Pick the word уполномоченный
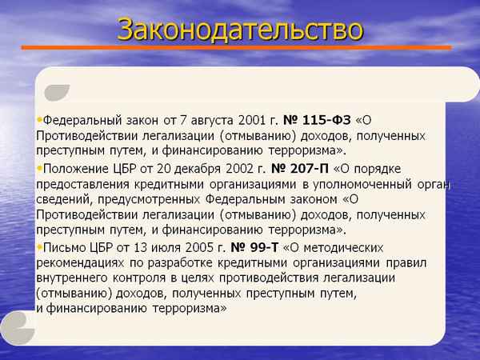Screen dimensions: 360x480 pos(360,185)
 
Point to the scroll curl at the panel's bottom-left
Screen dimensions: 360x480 pos(18,324)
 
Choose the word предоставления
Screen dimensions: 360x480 pos(87,185)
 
